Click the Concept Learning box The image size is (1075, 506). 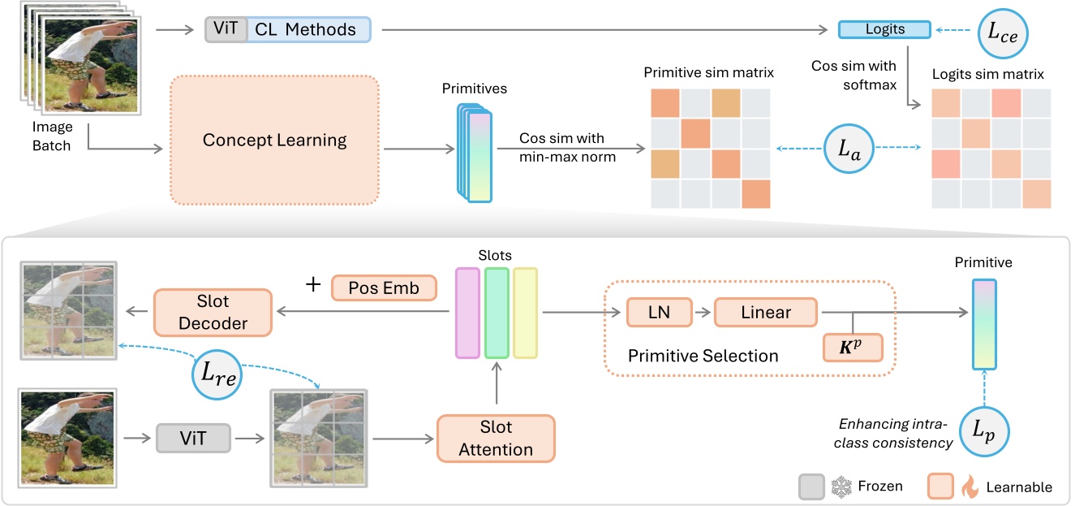coord(274,141)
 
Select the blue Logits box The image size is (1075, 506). coord(884,29)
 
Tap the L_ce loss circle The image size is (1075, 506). coord(1004,31)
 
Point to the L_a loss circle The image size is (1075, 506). coord(849,149)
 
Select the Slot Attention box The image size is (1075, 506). coord(495,439)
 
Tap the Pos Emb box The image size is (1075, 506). coord(384,288)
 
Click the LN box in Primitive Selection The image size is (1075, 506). coord(658,312)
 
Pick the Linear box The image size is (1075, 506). coord(765,312)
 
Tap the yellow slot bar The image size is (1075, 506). coord(526,313)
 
